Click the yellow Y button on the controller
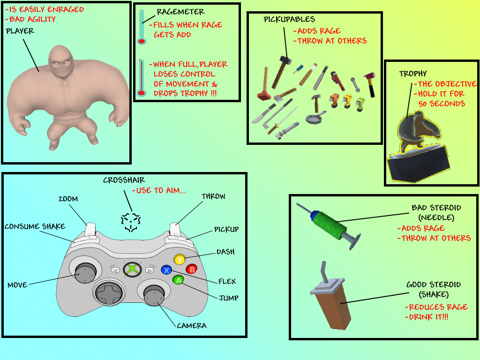click(180, 260)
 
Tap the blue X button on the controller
click(166, 270)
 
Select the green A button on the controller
click(178, 280)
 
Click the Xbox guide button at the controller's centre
click(132, 270)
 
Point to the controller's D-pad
click(109, 293)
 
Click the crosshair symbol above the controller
click(131, 222)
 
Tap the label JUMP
click(229, 298)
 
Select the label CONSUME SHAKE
click(35, 226)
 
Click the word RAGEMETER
click(180, 12)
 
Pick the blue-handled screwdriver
click(298, 69)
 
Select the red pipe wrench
click(337, 81)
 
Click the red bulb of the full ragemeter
click(142, 93)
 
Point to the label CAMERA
click(192, 325)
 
